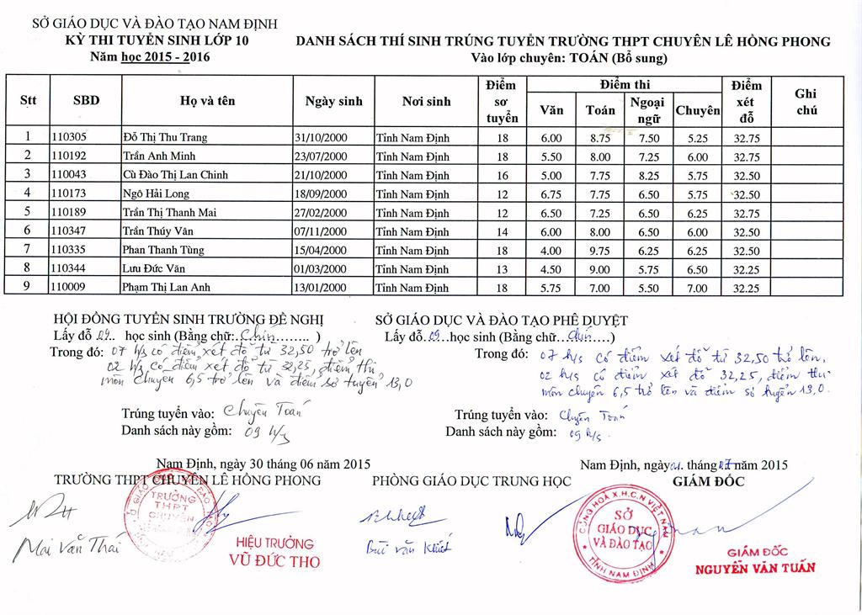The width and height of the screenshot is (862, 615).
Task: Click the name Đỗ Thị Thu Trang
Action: [x=164, y=137]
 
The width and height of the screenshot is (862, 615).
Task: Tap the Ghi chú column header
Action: [x=806, y=102]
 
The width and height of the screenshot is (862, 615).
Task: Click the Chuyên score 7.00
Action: [x=698, y=288]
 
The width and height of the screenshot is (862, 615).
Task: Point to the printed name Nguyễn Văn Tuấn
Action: [x=754, y=568]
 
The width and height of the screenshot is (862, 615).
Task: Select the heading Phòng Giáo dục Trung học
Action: [x=471, y=480]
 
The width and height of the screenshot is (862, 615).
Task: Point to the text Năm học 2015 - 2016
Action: [x=151, y=57]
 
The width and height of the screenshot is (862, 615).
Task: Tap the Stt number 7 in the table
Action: [x=28, y=250]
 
